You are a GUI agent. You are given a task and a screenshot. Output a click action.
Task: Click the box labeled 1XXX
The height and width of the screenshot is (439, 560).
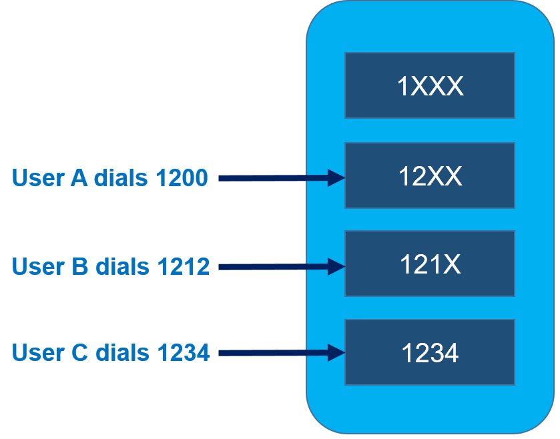point(429,86)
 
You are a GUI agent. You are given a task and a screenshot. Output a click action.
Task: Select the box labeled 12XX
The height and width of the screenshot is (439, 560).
point(429,175)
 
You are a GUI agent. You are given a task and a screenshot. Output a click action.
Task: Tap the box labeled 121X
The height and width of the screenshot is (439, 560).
point(429,264)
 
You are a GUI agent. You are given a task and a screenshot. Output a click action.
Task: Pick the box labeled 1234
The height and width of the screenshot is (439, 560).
point(429,352)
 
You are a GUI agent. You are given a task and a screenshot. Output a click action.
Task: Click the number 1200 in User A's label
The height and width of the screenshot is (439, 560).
point(182,178)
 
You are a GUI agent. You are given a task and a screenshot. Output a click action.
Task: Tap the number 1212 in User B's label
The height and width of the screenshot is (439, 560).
point(184,266)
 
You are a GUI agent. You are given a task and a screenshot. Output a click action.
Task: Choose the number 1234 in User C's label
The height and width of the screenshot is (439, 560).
point(184,352)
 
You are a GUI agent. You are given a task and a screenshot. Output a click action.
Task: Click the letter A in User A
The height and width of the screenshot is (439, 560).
point(78,178)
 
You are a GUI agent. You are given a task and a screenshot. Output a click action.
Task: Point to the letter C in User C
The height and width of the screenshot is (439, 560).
point(79,352)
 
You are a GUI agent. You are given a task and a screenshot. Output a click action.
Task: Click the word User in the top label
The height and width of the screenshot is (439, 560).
point(37,178)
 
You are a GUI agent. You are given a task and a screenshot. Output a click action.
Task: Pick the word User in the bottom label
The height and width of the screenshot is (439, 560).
point(37,352)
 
